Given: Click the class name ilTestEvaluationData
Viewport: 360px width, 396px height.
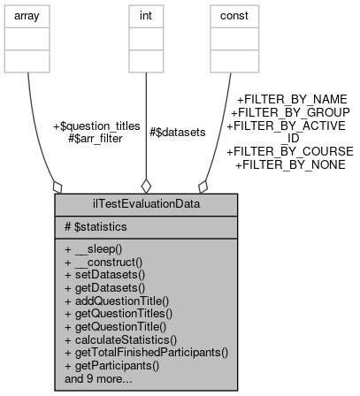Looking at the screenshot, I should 146,204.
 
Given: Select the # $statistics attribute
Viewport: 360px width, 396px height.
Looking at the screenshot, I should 101,227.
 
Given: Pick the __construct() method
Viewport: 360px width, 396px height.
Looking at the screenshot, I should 108,263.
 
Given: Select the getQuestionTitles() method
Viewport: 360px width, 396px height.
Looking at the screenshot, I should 118,313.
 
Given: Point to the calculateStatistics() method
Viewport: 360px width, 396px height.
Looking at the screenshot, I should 121,339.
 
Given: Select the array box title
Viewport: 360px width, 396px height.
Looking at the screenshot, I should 28,15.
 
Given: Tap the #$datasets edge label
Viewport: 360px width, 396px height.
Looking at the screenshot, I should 177,132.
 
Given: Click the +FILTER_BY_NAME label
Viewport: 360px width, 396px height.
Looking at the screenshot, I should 292,100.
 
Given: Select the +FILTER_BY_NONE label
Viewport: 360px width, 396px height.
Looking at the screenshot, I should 290,164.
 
